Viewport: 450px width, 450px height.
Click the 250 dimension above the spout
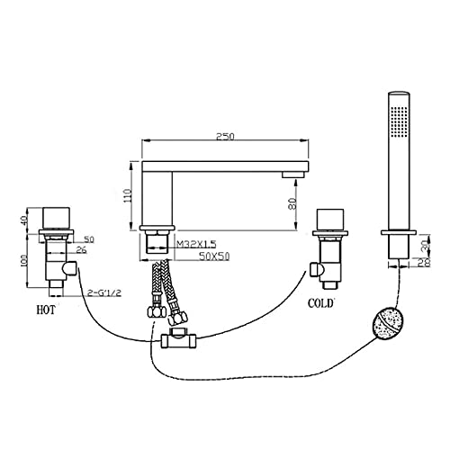(225, 136)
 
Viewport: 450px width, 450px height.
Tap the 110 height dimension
(128, 195)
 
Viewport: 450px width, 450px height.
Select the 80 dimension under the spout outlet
(292, 203)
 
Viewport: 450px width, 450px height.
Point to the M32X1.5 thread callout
(196, 244)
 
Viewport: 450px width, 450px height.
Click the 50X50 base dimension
(214, 256)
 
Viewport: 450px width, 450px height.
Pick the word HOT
(46, 310)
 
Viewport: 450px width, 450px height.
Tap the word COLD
(320, 303)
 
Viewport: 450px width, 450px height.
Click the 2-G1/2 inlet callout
(104, 292)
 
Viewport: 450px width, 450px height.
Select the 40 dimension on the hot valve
(25, 220)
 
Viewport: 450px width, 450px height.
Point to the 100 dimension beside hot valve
(24, 260)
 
